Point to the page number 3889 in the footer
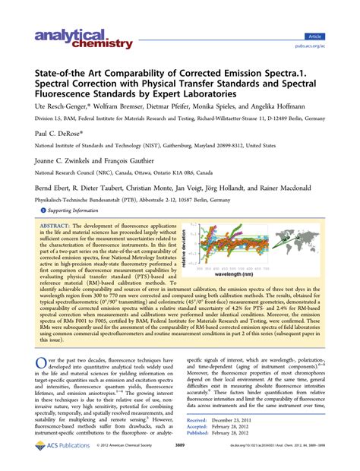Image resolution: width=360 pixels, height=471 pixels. pyautogui.click(x=179, y=459)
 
